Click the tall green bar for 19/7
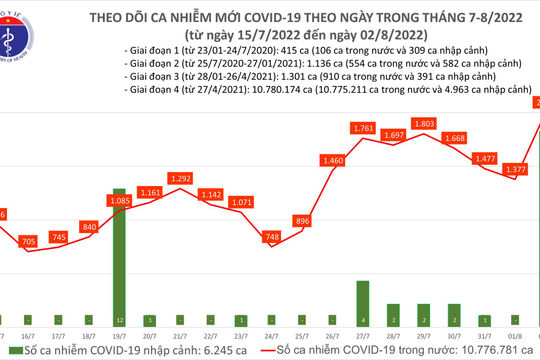pos(119,255)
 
